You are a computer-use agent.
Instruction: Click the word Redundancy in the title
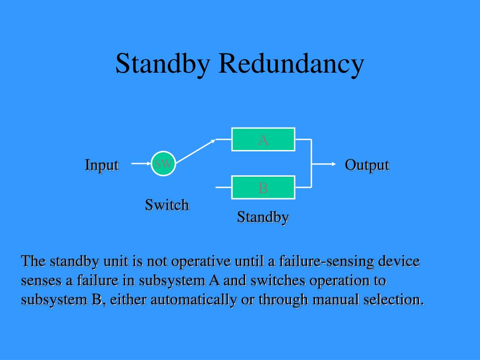pos(291,64)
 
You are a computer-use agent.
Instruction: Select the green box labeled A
pos(263,139)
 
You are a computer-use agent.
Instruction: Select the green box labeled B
pos(263,187)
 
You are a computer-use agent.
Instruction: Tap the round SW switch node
pos(163,164)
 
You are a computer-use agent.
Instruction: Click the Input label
pos(101,165)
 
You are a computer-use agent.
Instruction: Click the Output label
pos(367,165)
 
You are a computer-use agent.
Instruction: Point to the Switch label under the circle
pos(166,205)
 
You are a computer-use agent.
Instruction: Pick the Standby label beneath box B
pos(262,217)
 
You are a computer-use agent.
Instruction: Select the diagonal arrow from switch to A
pos(195,150)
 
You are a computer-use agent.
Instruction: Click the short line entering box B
pos(224,187)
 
